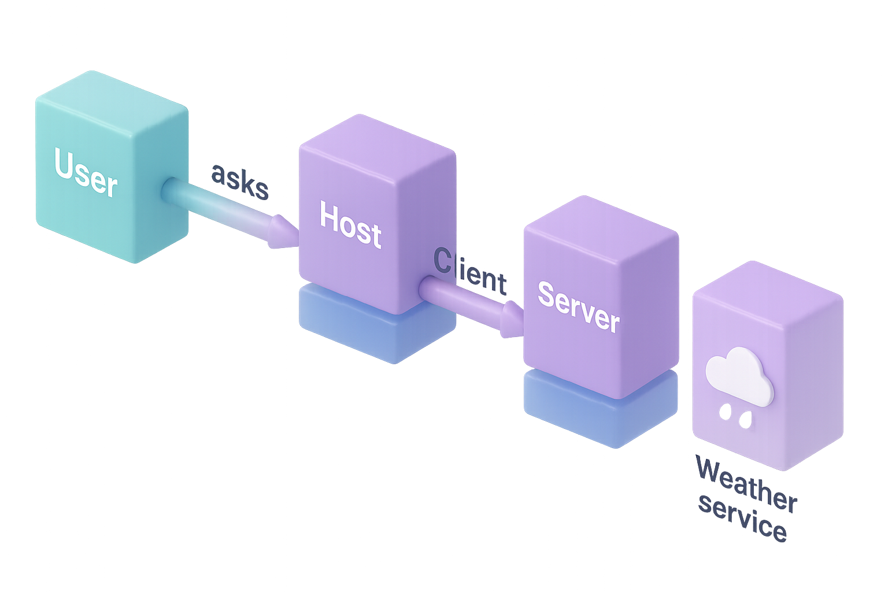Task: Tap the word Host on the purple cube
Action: tap(350, 225)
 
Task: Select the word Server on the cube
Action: tap(578, 306)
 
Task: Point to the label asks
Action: tap(240, 182)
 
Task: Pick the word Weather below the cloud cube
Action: tap(746, 484)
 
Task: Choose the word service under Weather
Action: tap(742, 517)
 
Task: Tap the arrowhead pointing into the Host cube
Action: tap(282, 233)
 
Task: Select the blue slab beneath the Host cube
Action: tap(370, 330)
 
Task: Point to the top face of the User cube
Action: tap(110, 92)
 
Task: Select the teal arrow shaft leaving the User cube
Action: tap(214, 205)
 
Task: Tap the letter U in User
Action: tap(64, 163)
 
